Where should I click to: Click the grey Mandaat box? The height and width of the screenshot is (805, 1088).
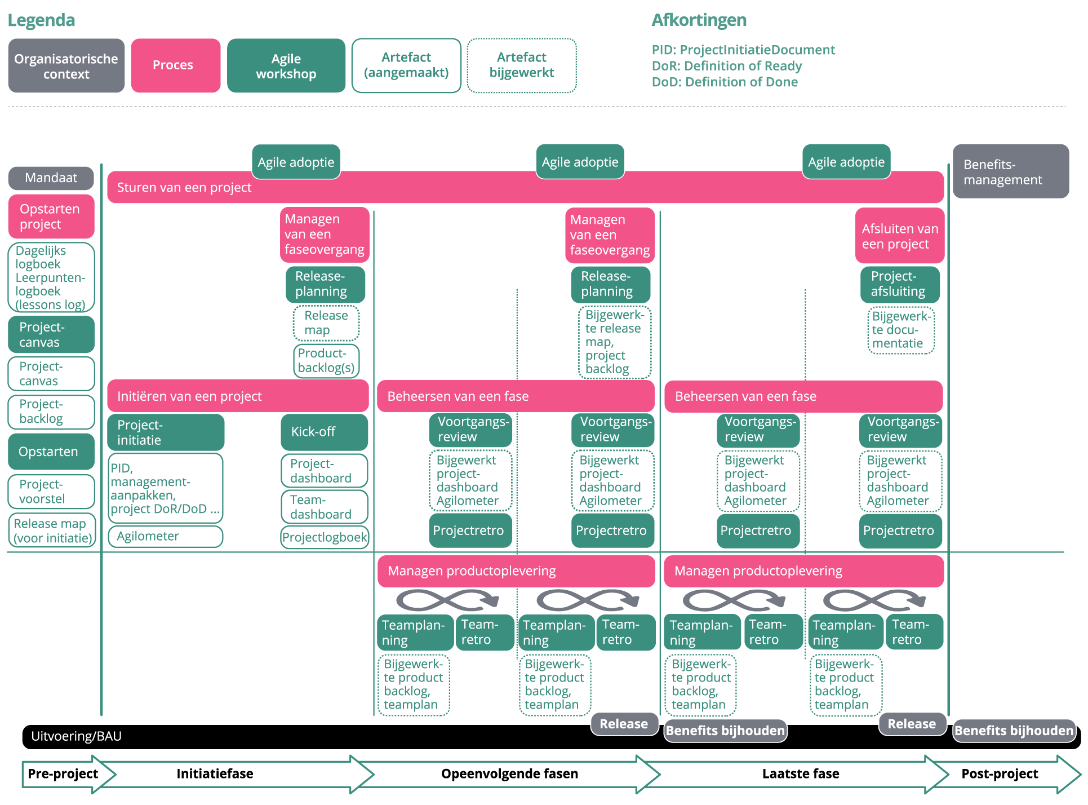[51, 178]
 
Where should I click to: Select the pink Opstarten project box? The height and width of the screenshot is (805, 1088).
[51, 216]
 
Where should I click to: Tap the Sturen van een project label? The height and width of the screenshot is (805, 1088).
[184, 188]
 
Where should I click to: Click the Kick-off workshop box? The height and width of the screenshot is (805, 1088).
[324, 432]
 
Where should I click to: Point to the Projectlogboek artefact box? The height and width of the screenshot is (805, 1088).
[325, 537]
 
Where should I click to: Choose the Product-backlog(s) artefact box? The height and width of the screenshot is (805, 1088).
[326, 361]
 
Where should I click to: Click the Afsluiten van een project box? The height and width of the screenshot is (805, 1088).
[899, 236]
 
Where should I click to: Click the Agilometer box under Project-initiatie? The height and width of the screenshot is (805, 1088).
[165, 537]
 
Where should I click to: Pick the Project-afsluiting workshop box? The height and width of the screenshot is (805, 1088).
[899, 284]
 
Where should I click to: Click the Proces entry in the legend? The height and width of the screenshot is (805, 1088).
[175, 65]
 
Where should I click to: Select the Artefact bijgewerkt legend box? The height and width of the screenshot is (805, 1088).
[521, 65]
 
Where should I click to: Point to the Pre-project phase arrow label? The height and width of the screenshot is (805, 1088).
[63, 773]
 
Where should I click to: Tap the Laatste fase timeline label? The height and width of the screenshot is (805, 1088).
[800, 773]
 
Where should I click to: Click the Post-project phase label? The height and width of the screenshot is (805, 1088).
[999, 773]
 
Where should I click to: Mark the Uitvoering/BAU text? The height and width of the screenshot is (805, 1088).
[76, 736]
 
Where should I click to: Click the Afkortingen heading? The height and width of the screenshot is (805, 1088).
[699, 20]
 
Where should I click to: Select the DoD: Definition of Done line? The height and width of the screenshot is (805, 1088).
[724, 82]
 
